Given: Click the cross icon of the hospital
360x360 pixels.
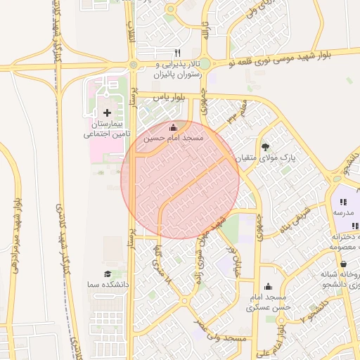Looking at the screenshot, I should pyautogui.click(x=107, y=112).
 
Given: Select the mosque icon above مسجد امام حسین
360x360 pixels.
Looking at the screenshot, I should pyautogui.click(x=174, y=127).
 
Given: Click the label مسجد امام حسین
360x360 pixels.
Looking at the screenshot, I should pyautogui.click(x=174, y=139).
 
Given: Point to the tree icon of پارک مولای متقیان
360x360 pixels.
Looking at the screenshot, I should pyautogui.click(x=265, y=147).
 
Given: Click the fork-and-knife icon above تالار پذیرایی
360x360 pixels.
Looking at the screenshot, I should pyautogui.click(x=177, y=53).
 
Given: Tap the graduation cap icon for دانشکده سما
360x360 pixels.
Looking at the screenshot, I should pyautogui.click(x=108, y=274).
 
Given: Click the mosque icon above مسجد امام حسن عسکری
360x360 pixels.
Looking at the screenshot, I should pyautogui.click(x=268, y=286).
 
